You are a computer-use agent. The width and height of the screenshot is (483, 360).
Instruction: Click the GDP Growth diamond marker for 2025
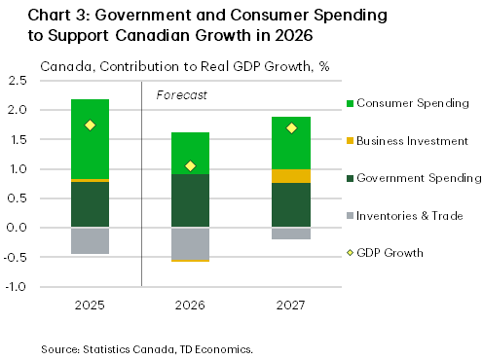[90, 125]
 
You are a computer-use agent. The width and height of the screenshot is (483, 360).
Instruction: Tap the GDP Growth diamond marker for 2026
[190, 165]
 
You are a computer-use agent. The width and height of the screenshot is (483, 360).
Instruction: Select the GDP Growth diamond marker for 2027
[290, 127]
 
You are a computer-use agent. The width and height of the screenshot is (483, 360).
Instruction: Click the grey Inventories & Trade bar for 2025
[90, 240]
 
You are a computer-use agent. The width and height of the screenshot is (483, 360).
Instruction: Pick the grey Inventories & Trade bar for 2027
[290, 234]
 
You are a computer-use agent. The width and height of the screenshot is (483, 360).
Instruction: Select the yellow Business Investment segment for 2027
[290, 176]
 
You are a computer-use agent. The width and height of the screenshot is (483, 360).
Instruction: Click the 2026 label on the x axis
[190, 306]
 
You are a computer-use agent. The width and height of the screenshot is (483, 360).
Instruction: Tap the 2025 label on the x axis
[90, 306]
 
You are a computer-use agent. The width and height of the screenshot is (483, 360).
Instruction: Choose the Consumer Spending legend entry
[409, 103]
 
